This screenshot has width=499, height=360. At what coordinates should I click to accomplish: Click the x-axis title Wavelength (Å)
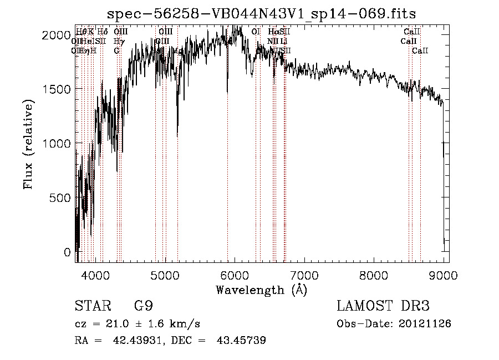coord(261,290)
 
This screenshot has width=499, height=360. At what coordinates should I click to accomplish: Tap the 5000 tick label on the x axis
coord(165,275)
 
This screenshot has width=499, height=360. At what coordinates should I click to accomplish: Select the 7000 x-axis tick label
coord(304,275)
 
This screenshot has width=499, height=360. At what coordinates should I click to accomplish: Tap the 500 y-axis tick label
coord(59,198)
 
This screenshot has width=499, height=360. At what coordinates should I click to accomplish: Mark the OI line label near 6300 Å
coord(256,32)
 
